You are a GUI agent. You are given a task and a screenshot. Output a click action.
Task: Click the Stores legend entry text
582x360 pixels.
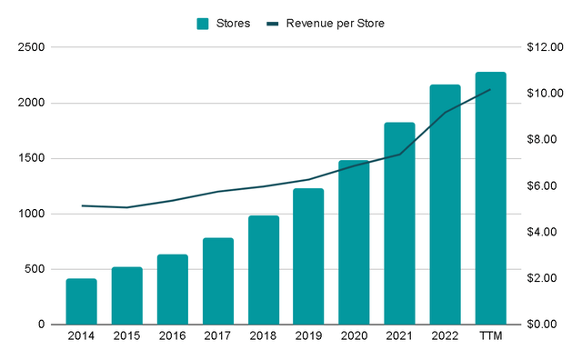click(233, 23)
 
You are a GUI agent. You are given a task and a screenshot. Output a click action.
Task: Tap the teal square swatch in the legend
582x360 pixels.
click(204, 23)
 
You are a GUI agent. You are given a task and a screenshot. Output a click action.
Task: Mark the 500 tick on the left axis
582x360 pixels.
click(42, 269)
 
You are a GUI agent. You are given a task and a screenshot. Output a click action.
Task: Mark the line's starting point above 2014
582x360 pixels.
click(81, 205)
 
